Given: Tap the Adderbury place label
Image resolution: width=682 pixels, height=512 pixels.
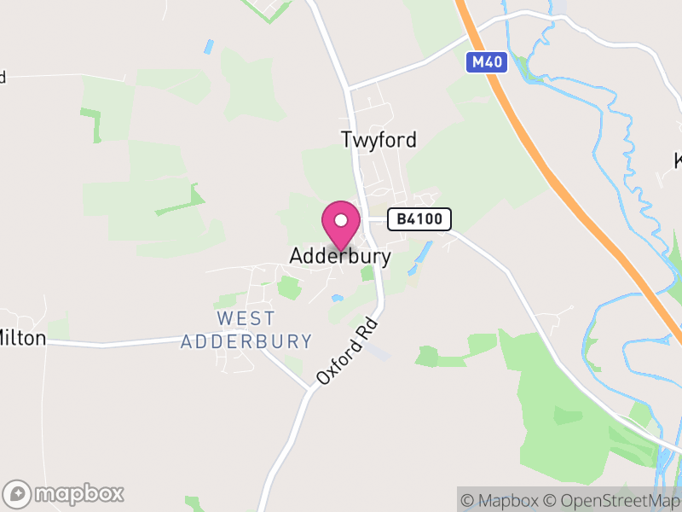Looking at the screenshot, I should [340, 256].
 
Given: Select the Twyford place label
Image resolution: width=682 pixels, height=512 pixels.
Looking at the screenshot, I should [379, 140].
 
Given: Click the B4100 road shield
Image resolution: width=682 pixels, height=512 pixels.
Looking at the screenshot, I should [419, 219].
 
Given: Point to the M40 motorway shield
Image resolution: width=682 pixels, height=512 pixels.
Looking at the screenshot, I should [487, 61].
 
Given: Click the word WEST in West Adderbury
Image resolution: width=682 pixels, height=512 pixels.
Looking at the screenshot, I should [246, 318].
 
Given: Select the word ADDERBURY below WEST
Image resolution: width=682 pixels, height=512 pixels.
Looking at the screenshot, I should [246, 341].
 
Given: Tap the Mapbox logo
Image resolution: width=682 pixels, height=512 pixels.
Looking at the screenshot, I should [64, 493].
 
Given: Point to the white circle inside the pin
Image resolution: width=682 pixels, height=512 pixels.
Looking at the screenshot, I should [341, 220].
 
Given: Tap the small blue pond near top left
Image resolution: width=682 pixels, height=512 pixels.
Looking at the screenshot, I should [208, 47].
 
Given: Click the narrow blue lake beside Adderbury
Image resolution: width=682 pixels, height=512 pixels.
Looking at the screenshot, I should [419, 256].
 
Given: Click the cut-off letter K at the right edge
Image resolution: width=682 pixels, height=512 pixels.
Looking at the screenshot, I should [678, 160].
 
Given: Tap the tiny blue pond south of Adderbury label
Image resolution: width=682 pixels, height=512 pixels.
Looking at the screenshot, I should [338, 298].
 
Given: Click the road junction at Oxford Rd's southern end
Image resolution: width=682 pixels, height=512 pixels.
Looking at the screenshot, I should [309, 389].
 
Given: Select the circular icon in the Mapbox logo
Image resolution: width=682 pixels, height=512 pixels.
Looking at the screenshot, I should [17, 493].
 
